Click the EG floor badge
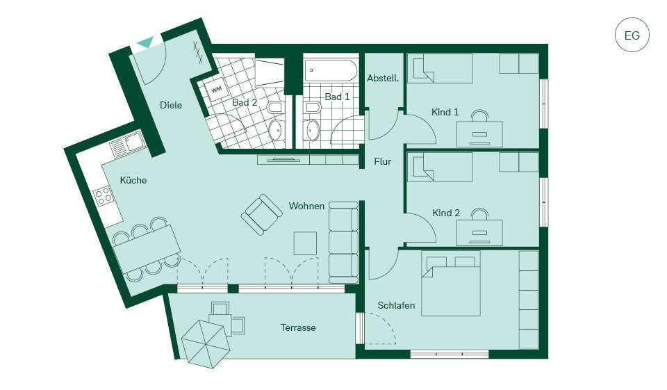click(x=632, y=35)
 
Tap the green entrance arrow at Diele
click(x=146, y=42)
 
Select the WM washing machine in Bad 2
click(x=217, y=90)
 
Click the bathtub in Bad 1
click(x=331, y=71)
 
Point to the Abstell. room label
click(x=383, y=79)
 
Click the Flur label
click(x=382, y=161)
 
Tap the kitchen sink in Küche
click(x=128, y=143)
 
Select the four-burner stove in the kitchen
click(x=104, y=196)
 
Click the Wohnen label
click(x=306, y=206)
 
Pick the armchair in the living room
click(x=262, y=215)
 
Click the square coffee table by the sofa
click(x=305, y=243)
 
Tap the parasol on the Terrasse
click(x=206, y=344)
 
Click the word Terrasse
click(x=298, y=328)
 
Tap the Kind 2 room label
click(x=446, y=213)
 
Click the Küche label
click(x=133, y=180)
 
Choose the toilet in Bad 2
click(x=275, y=107)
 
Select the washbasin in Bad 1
click(x=313, y=130)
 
